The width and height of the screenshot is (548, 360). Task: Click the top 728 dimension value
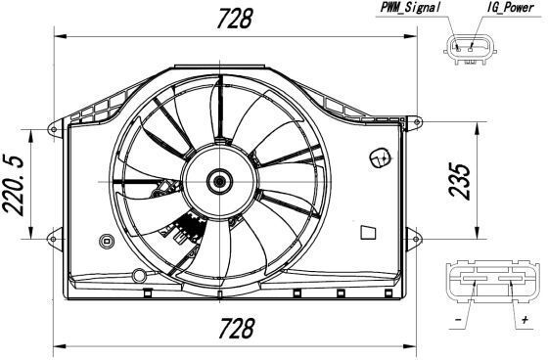(234, 19)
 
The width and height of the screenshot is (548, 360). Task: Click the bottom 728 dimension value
(236, 328)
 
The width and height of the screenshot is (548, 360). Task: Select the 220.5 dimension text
(13, 185)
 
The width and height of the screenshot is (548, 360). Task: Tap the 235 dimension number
(459, 181)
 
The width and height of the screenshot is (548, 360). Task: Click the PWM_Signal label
(410, 8)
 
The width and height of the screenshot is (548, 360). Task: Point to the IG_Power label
(511, 8)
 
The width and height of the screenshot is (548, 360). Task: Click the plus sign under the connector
(525, 319)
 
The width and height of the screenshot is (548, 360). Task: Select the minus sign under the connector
(458, 320)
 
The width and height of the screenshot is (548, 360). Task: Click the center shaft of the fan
(219, 181)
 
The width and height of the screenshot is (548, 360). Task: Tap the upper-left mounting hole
(54, 130)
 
